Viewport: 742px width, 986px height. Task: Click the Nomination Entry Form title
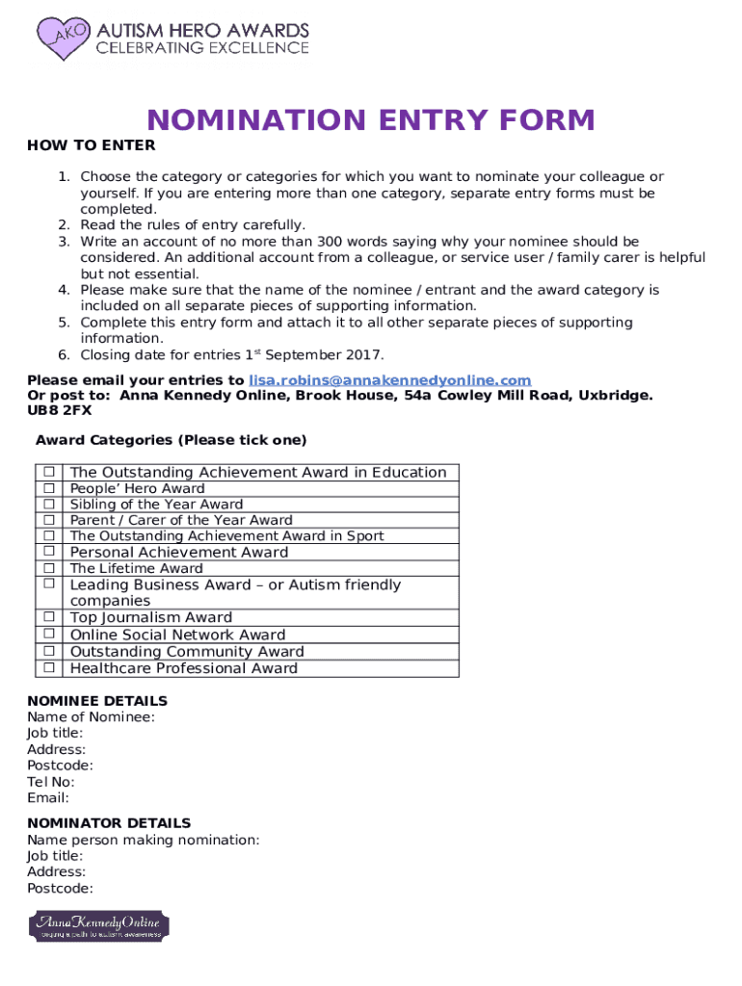pos(370,120)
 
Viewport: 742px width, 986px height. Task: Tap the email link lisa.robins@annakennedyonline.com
pos(389,380)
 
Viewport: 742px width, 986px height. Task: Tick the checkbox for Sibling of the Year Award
pos(47,504)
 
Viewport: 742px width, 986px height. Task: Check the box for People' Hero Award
pos(47,488)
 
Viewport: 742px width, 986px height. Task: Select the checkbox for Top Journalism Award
pos(47,617)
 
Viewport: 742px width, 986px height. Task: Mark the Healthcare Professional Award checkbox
pos(47,667)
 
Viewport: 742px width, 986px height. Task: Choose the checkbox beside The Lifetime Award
pos(47,568)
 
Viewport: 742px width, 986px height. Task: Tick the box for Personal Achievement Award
pos(47,552)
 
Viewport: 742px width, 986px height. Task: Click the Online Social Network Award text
pos(177,635)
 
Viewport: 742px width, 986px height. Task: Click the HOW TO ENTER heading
pos(91,145)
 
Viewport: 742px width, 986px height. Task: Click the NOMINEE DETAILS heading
pos(97,701)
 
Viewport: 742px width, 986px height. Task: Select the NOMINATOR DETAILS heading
pos(109,823)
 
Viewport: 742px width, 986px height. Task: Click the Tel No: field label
pos(51,782)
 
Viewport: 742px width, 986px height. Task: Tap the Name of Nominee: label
pos(91,716)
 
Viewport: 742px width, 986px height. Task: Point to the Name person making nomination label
pos(143,840)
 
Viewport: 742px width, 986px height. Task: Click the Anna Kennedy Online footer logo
pos(99,926)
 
